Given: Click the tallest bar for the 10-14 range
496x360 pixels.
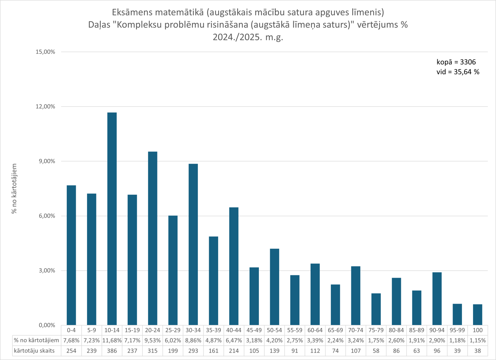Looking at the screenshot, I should pos(112,219).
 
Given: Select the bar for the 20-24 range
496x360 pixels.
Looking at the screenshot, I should pos(152,238).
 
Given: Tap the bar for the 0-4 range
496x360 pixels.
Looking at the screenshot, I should pos(71,255).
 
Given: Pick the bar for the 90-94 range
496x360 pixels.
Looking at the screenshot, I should pos(437,299).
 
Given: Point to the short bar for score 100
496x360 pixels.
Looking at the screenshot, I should pos(478,315).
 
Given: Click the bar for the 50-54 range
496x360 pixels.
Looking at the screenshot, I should pos(275,287).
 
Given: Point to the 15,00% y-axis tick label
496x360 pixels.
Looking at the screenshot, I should pos(45,52).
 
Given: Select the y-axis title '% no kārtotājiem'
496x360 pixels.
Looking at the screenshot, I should pos(14,188).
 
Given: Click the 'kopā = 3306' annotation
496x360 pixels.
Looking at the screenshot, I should pos(456,62).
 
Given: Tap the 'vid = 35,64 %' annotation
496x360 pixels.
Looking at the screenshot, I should pos(458,72).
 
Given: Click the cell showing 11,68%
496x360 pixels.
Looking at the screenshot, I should pos(112,341).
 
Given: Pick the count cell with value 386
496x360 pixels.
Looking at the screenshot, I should pos(112,351).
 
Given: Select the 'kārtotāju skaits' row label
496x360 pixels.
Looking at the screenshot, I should pos(34,351).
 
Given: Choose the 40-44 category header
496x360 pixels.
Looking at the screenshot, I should pos(234,330).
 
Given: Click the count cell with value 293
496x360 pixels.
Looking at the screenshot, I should pos(193,351).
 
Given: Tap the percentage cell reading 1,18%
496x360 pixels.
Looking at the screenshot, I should pos(457,341).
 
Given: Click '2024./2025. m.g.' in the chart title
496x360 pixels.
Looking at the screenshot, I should pos(248,37).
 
